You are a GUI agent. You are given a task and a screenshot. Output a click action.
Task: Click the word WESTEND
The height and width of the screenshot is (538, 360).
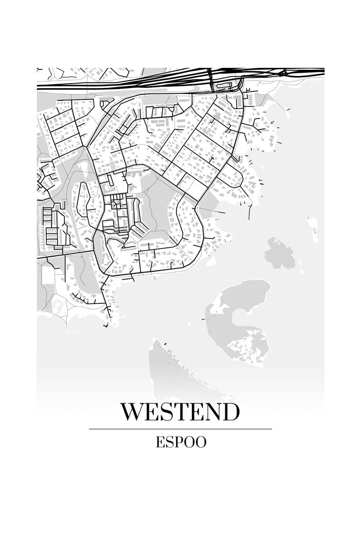point(180,412)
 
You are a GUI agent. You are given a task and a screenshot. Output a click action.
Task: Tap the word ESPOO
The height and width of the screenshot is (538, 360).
point(181,442)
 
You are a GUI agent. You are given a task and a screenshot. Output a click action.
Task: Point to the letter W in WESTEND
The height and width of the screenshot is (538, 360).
point(133,412)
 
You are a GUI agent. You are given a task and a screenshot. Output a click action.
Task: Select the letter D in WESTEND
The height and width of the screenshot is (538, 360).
point(231,412)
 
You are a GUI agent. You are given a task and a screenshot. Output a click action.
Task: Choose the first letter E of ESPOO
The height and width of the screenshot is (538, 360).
point(160,442)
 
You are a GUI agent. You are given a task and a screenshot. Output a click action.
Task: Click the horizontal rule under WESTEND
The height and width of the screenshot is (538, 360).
point(180,429)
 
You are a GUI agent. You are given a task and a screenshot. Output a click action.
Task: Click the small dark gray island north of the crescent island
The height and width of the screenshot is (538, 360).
point(279,253)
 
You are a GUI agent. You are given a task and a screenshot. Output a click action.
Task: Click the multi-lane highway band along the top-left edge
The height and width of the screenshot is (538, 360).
point(98,85)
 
